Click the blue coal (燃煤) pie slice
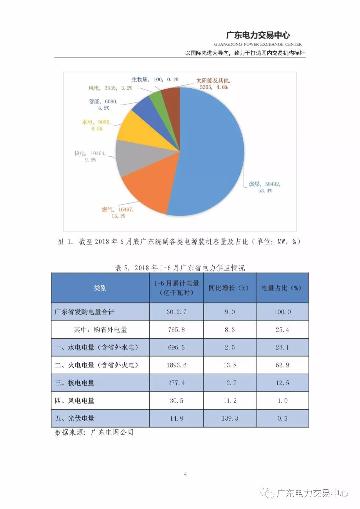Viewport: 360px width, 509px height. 210,150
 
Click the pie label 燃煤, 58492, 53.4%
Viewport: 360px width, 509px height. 265,187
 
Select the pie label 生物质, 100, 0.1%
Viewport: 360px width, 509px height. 155,79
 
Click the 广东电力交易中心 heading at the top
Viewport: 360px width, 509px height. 258,35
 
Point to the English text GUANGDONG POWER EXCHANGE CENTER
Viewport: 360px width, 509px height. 258,44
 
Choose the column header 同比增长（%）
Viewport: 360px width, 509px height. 230,288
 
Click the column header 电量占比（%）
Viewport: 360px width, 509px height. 282,288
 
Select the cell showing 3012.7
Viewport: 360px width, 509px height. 176,312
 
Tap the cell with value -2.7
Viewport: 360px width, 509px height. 230,383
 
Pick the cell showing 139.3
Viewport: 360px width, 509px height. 230,418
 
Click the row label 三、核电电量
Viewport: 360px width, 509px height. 75,383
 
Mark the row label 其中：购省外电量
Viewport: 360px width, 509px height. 100,330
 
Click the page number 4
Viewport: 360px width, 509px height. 185,474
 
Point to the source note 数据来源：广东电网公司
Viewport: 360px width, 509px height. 94,433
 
